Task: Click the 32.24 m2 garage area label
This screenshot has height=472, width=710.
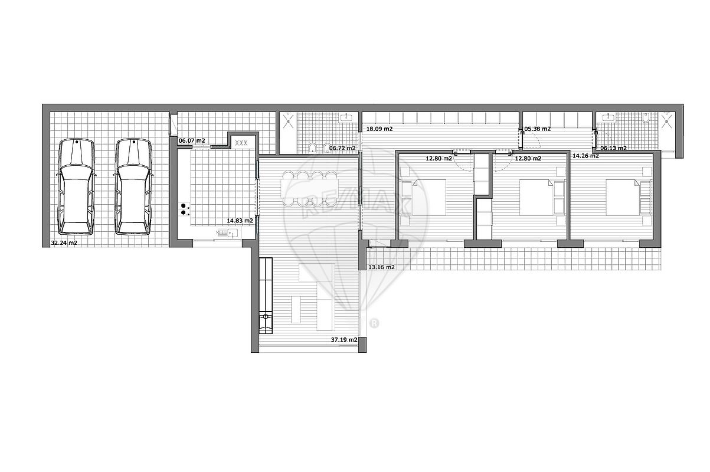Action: [x=64, y=243]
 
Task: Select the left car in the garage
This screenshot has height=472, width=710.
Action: [x=76, y=186]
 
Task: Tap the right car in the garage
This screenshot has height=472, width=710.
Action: [x=133, y=186]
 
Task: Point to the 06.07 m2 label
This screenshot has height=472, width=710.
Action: [x=192, y=140]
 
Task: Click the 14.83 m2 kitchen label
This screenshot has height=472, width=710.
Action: [x=240, y=221]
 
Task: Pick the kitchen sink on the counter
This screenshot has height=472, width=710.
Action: [x=233, y=234]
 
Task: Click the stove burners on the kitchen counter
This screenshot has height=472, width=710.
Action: [x=184, y=209]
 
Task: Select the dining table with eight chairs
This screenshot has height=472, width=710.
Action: [x=309, y=188]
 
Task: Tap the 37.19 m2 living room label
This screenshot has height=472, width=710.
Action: [x=344, y=340]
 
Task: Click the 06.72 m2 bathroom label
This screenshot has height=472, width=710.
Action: [x=342, y=148]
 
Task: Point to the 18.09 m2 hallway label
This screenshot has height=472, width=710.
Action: [x=379, y=129]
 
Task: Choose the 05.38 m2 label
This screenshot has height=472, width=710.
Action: [x=537, y=129]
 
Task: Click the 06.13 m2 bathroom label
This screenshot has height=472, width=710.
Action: [x=614, y=148]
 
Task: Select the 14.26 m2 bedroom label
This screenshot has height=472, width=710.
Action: [x=585, y=156]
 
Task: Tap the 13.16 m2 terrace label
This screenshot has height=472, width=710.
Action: [x=382, y=267]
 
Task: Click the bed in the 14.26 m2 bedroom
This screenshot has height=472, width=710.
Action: [x=623, y=198]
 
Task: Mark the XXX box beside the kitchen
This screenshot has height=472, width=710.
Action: [x=241, y=143]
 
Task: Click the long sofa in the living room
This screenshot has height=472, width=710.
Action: [x=266, y=296]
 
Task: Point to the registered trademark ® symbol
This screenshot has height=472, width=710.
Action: [x=374, y=323]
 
